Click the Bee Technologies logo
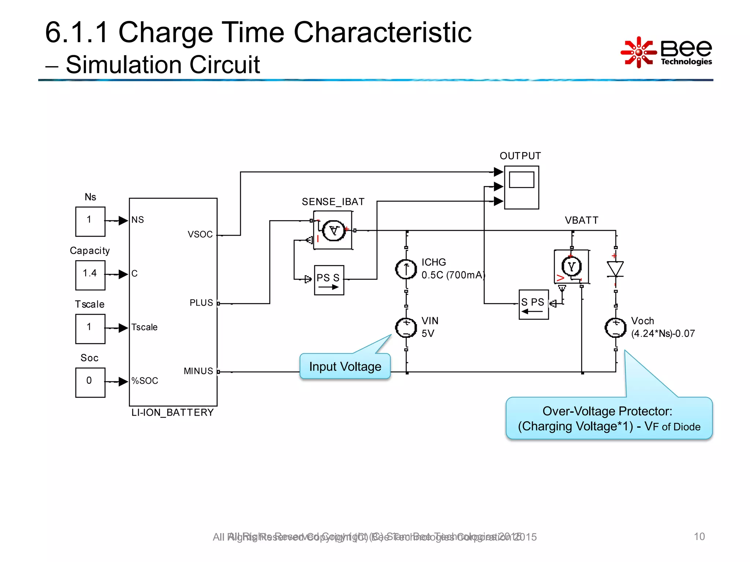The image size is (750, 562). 666,52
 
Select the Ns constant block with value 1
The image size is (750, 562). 90,221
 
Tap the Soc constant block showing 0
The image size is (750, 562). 90,382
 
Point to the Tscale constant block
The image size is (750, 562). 90,329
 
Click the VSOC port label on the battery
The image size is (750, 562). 200,235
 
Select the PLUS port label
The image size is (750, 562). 201,303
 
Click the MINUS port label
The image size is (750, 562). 198,371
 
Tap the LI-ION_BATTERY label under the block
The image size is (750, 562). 172,413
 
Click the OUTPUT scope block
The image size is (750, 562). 521,187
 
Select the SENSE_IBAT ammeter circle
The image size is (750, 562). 334,231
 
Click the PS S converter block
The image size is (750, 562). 329,280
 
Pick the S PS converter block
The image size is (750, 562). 534,304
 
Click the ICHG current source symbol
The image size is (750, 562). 406,269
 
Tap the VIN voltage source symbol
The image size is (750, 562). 406,327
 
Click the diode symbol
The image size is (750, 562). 615,269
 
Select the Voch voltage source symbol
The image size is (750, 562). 615,327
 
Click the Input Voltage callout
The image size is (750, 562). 345,366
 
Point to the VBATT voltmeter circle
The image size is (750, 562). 571,267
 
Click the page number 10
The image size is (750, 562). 699,536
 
